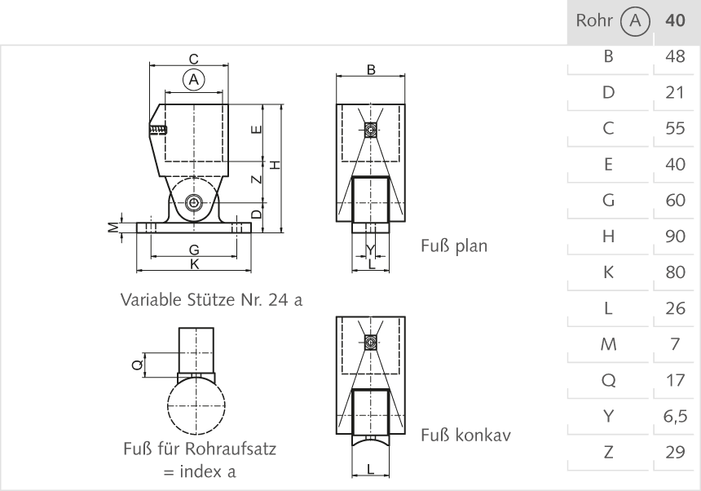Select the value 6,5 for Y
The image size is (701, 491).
pos(676,417)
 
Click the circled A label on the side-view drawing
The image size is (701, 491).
pos(193,79)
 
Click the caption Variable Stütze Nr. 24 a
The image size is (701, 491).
pos(212,300)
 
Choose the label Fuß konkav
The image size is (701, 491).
pos(465,435)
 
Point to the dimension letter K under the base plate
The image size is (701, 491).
pos(193,263)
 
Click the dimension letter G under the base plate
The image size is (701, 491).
pos(193,249)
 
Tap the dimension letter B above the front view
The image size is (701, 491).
pos(370,70)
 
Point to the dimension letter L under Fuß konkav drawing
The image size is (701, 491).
pos(370,469)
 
